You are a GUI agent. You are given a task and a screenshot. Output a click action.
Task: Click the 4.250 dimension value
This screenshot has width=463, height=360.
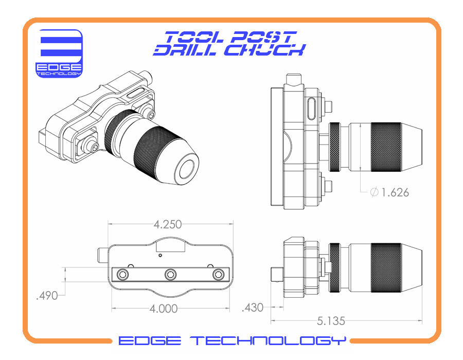[167, 225]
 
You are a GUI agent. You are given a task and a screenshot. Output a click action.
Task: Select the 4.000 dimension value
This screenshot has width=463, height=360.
[163, 309]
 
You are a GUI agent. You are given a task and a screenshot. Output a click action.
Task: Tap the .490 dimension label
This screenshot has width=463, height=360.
[47, 295]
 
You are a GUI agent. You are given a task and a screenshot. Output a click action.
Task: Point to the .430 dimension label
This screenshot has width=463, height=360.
[253, 308]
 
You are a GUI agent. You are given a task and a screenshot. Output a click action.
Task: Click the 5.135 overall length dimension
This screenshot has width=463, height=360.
[331, 321]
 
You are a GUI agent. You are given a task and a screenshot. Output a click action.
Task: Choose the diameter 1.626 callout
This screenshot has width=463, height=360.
[389, 192]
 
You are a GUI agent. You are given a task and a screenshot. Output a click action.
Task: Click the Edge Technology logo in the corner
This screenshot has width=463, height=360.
[59, 53]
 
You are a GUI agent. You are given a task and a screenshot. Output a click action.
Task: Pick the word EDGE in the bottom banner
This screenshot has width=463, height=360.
[150, 340]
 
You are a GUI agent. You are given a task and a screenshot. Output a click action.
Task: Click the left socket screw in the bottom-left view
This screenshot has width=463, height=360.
[122, 275]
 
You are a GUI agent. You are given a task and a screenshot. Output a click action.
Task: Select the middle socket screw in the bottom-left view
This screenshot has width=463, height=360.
[170, 275]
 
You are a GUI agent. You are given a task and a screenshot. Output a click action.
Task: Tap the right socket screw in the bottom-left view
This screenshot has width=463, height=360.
[218, 275]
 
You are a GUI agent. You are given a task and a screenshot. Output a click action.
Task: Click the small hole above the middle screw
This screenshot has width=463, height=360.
[160, 255]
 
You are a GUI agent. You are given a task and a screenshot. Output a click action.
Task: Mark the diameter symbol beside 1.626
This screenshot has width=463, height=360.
[374, 192]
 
